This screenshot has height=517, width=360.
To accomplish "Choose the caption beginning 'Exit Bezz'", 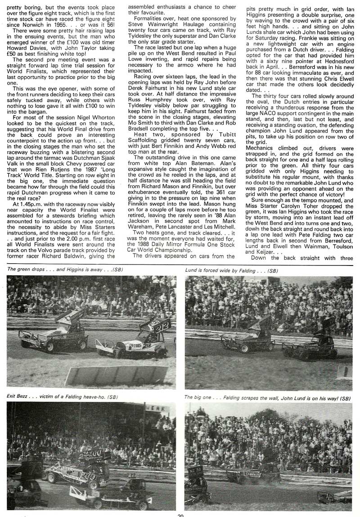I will [x=62, y=396].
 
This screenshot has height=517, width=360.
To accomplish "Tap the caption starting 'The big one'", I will [x=268, y=397].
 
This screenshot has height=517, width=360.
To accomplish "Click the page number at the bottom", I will [x=180, y=514].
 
